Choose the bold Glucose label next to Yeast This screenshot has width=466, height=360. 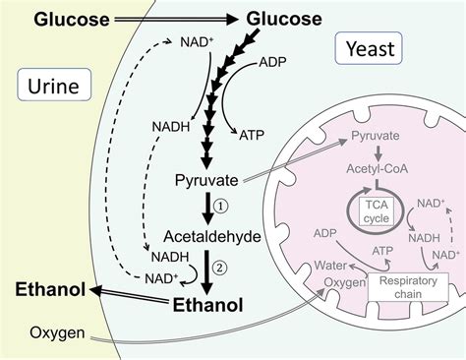click(x=283, y=19)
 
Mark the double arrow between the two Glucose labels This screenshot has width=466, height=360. click(x=167, y=19)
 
